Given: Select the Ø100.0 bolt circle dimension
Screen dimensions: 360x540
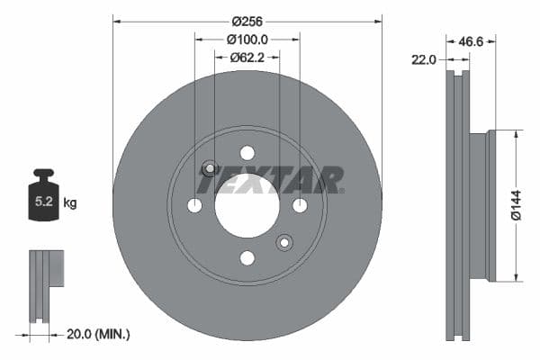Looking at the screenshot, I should pos(247,40).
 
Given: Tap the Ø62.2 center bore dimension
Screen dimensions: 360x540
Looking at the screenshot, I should pos(247,58).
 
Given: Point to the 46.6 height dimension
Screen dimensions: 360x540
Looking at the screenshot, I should pos(493,40).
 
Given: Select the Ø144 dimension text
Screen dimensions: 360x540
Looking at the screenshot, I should pos(516,205).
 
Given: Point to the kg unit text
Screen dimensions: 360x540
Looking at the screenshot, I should pos(70,203).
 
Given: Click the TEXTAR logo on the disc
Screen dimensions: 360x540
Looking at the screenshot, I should pos(270,180).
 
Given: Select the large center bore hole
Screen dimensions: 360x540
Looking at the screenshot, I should pos(247,205).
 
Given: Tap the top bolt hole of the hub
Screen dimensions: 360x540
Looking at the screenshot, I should pos(247,152).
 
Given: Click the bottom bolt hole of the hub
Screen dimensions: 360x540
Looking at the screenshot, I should pos(247,258).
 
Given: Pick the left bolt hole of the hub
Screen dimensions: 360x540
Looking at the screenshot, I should pos(194,205).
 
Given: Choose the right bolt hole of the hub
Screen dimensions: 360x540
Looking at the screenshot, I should pos(300,205).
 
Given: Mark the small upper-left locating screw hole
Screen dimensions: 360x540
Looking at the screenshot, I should pos(210,167).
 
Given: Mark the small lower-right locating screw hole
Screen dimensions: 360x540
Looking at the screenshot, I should pos(284,242).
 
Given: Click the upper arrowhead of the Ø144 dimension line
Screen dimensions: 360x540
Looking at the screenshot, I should pos(516,134).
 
